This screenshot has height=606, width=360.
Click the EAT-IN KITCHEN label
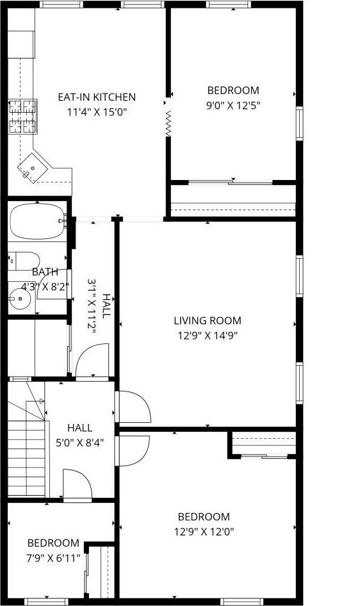pyautogui.click(x=97, y=97)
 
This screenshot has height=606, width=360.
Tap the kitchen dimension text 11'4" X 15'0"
pyautogui.click(x=97, y=111)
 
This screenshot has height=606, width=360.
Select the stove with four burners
pyautogui.click(x=23, y=116)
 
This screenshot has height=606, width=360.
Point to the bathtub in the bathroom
pyautogui.click(x=37, y=221)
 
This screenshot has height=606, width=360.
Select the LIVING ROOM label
pyautogui.click(x=208, y=321)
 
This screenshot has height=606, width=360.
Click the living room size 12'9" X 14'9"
pyautogui.click(x=208, y=335)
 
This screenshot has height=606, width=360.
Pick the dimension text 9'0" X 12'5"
pyautogui.click(x=233, y=105)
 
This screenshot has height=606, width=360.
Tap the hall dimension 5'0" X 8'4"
pyautogui.click(x=79, y=442)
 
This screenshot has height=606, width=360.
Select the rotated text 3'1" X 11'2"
pyautogui.click(x=92, y=306)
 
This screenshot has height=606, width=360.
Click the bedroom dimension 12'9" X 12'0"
pyautogui.click(x=204, y=531)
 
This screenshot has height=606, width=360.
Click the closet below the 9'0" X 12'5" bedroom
pyautogui.click(x=233, y=201)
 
